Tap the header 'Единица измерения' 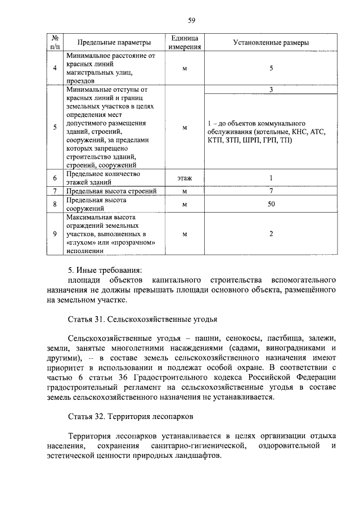tap(185, 43)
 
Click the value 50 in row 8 tap(271, 204)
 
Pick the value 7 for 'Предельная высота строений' tap(271, 191)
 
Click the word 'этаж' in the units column tap(185, 178)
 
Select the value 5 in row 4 tap(271, 68)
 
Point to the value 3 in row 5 tap(271, 89)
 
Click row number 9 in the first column tap(55, 233)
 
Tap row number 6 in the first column tap(55, 178)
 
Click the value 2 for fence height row tap(271, 233)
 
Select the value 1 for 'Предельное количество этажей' tap(271, 178)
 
